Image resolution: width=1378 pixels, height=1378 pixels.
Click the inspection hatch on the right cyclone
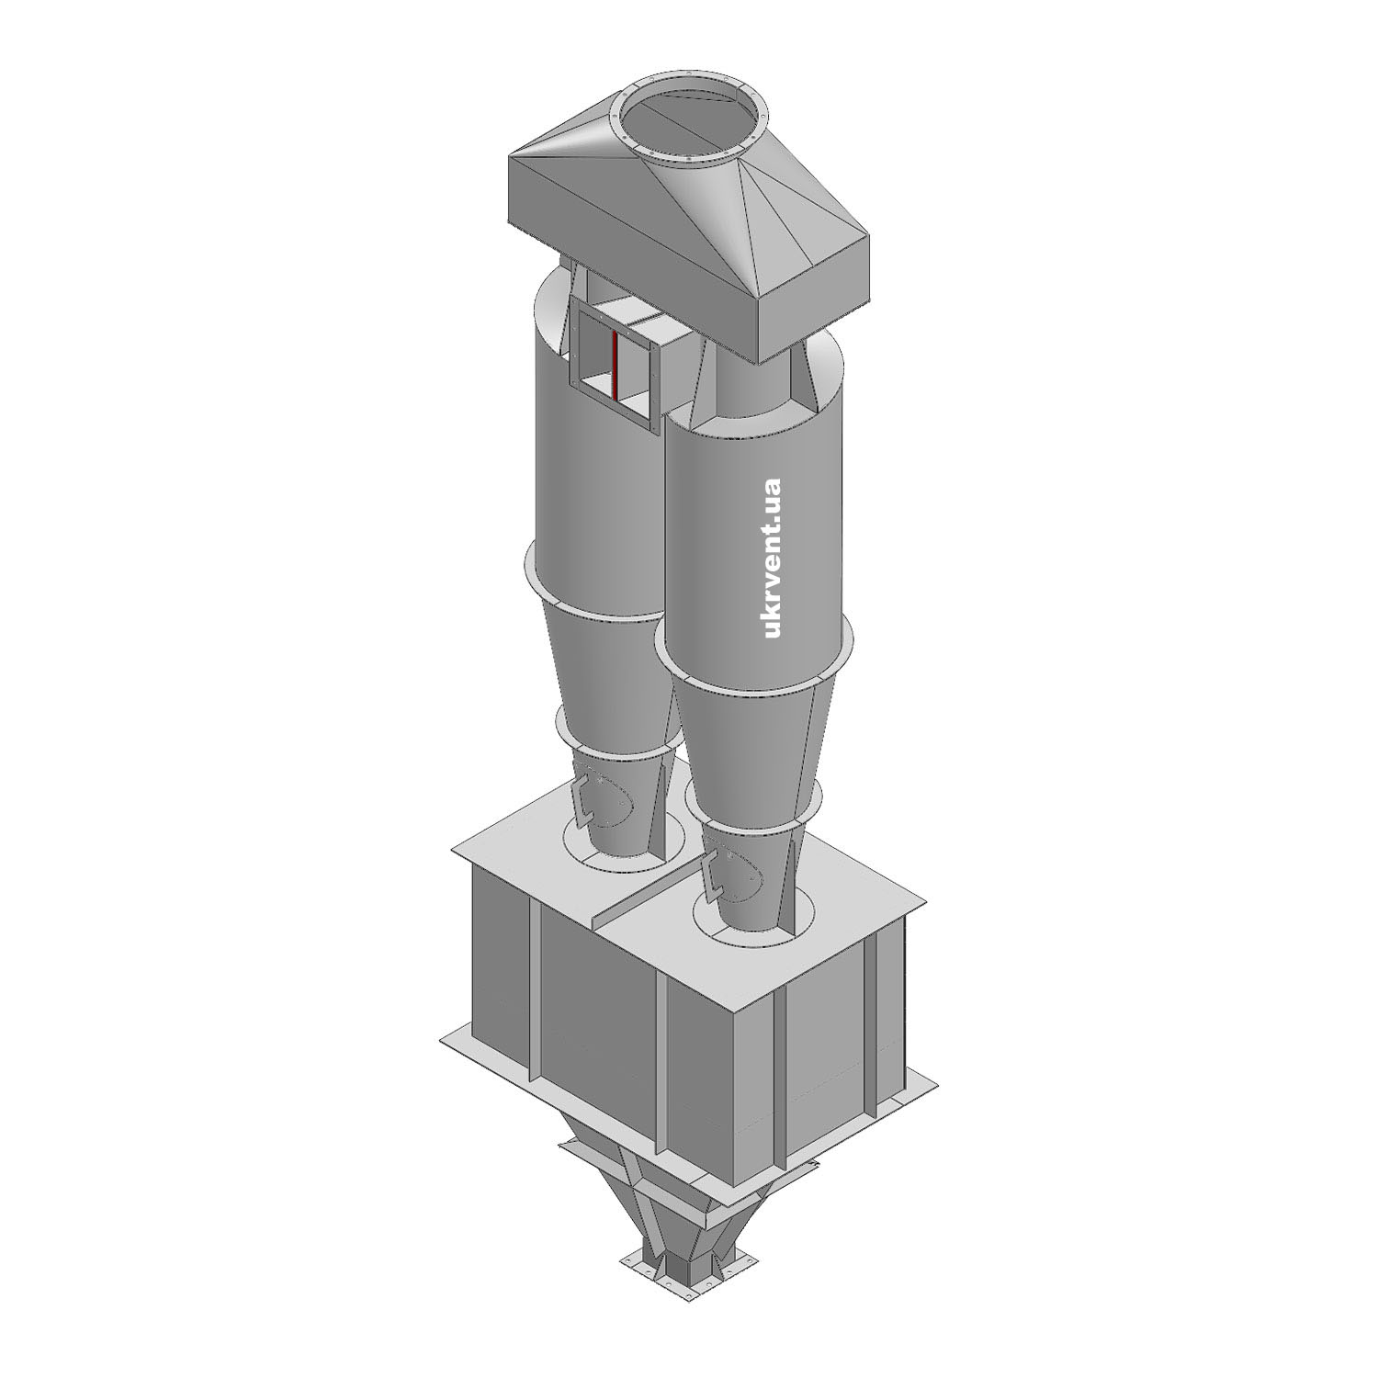[734, 877]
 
